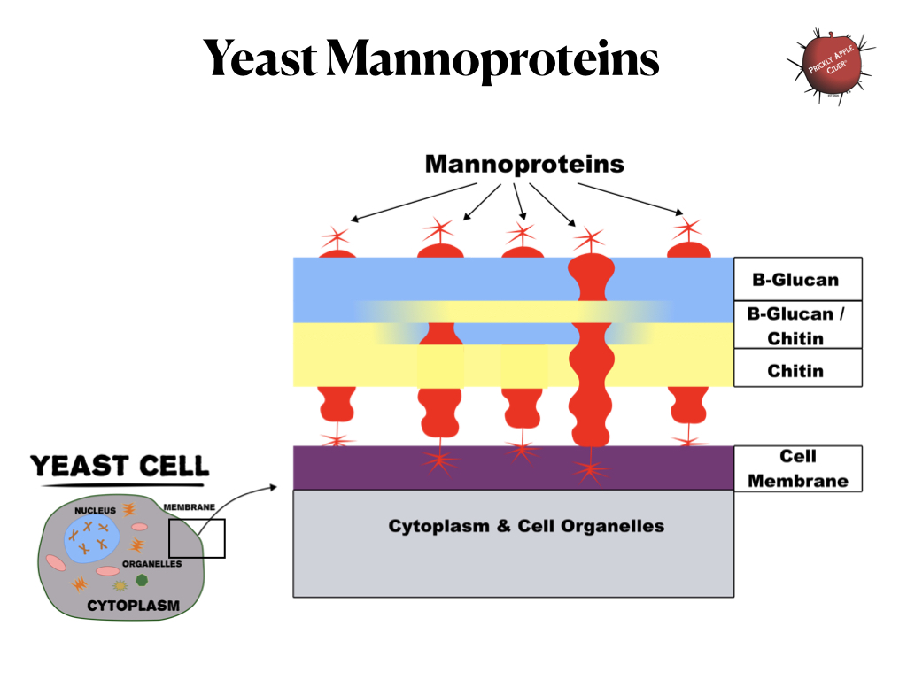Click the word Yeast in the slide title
tap(260, 59)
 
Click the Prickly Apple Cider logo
tap(828, 66)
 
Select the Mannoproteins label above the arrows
tap(524, 165)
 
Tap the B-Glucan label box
tap(797, 279)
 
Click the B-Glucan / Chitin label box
tap(797, 325)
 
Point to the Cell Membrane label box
tap(797, 468)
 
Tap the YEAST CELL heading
tap(120, 466)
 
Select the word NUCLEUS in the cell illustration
tap(95, 511)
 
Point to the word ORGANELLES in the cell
tap(152, 564)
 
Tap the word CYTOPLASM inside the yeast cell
tap(133, 607)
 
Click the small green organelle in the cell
tap(142, 580)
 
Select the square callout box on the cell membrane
tap(197, 538)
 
